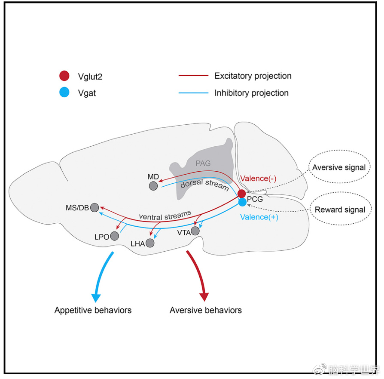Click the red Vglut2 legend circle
(64, 76)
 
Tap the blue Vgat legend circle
(64, 92)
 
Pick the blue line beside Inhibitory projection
(193, 93)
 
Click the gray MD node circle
(153, 186)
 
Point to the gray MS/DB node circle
(94, 207)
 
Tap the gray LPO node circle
(114, 236)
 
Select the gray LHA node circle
(150, 243)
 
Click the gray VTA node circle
(195, 231)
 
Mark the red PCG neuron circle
(242, 194)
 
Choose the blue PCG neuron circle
(242, 201)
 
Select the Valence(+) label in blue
(259, 217)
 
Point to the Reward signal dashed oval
(340, 210)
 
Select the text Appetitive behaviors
(93, 310)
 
